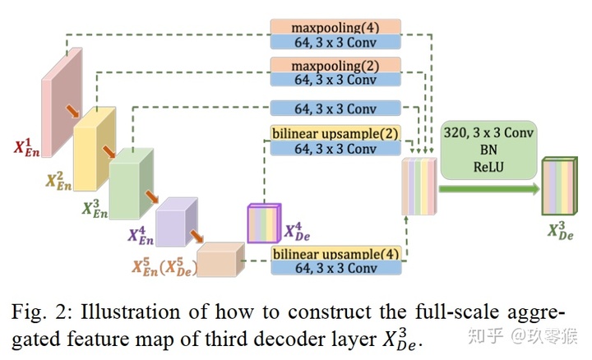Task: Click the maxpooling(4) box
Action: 334,26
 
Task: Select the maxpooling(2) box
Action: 334,65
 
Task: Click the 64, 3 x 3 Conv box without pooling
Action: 334,108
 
